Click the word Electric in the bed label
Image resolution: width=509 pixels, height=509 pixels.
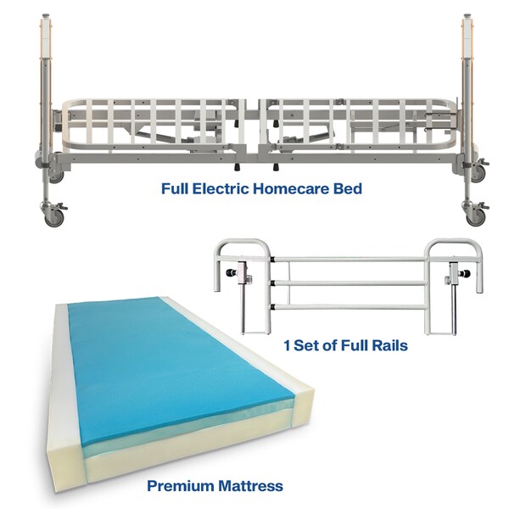[221, 188]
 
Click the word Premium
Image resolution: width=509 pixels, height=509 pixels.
[181, 486]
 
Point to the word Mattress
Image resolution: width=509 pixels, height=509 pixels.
[250, 486]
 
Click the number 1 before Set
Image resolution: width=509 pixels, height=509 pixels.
[287, 345]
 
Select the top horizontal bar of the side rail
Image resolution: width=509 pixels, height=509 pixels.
[348, 259]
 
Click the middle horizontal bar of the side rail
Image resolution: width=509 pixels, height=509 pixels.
[348, 283]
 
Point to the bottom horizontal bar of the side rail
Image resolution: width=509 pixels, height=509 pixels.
[348, 306]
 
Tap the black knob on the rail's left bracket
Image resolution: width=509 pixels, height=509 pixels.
[231, 272]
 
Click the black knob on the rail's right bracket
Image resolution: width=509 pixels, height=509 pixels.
[466, 274]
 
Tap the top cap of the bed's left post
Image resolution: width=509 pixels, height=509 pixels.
[45, 15]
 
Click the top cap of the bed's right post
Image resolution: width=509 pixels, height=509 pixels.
[467, 15]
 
